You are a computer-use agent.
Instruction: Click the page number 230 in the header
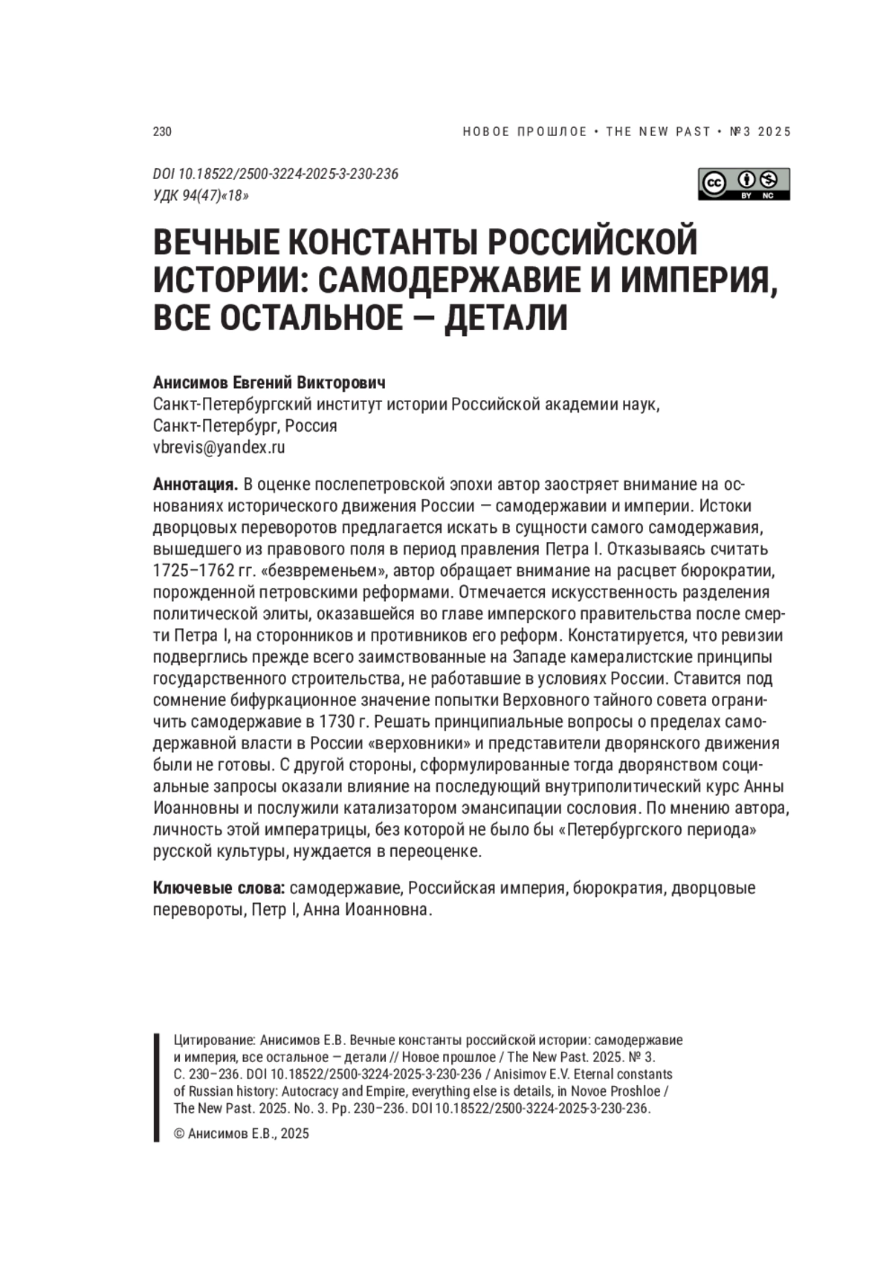(162, 132)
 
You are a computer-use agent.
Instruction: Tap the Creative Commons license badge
(743, 184)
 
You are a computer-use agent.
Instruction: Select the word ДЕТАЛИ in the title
(505, 317)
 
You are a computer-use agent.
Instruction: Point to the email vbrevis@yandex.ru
(219, 447)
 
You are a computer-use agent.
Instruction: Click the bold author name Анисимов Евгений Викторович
(269, 383)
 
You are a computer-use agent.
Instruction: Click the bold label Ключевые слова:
(219, 887)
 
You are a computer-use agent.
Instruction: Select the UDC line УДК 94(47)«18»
(201, 195)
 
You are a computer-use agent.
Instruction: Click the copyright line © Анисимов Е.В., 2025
(241, 1134)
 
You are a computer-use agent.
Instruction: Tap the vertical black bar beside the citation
(156, 1086)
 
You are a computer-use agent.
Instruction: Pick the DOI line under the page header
(275, 174)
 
